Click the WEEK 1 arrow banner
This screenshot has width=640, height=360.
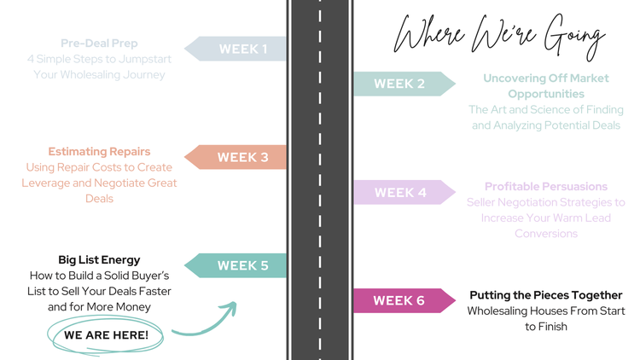(x=236, y=49)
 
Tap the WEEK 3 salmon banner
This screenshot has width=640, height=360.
(x=236, y=157)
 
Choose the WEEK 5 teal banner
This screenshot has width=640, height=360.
(x=236, y=265)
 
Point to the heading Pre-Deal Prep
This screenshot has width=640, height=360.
(x=99, y=43)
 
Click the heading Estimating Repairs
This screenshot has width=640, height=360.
(x=99, y=152)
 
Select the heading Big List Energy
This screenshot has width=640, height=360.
(x=99, y=259)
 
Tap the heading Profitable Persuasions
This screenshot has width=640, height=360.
(x=546, y=186)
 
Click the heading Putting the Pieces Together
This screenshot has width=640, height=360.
(x=546, y=295)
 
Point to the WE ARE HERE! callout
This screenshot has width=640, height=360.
(x=106, y=335)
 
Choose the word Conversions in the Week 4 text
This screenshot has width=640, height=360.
(x=546, y=233)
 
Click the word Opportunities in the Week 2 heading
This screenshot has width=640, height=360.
(x=546, y=94)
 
